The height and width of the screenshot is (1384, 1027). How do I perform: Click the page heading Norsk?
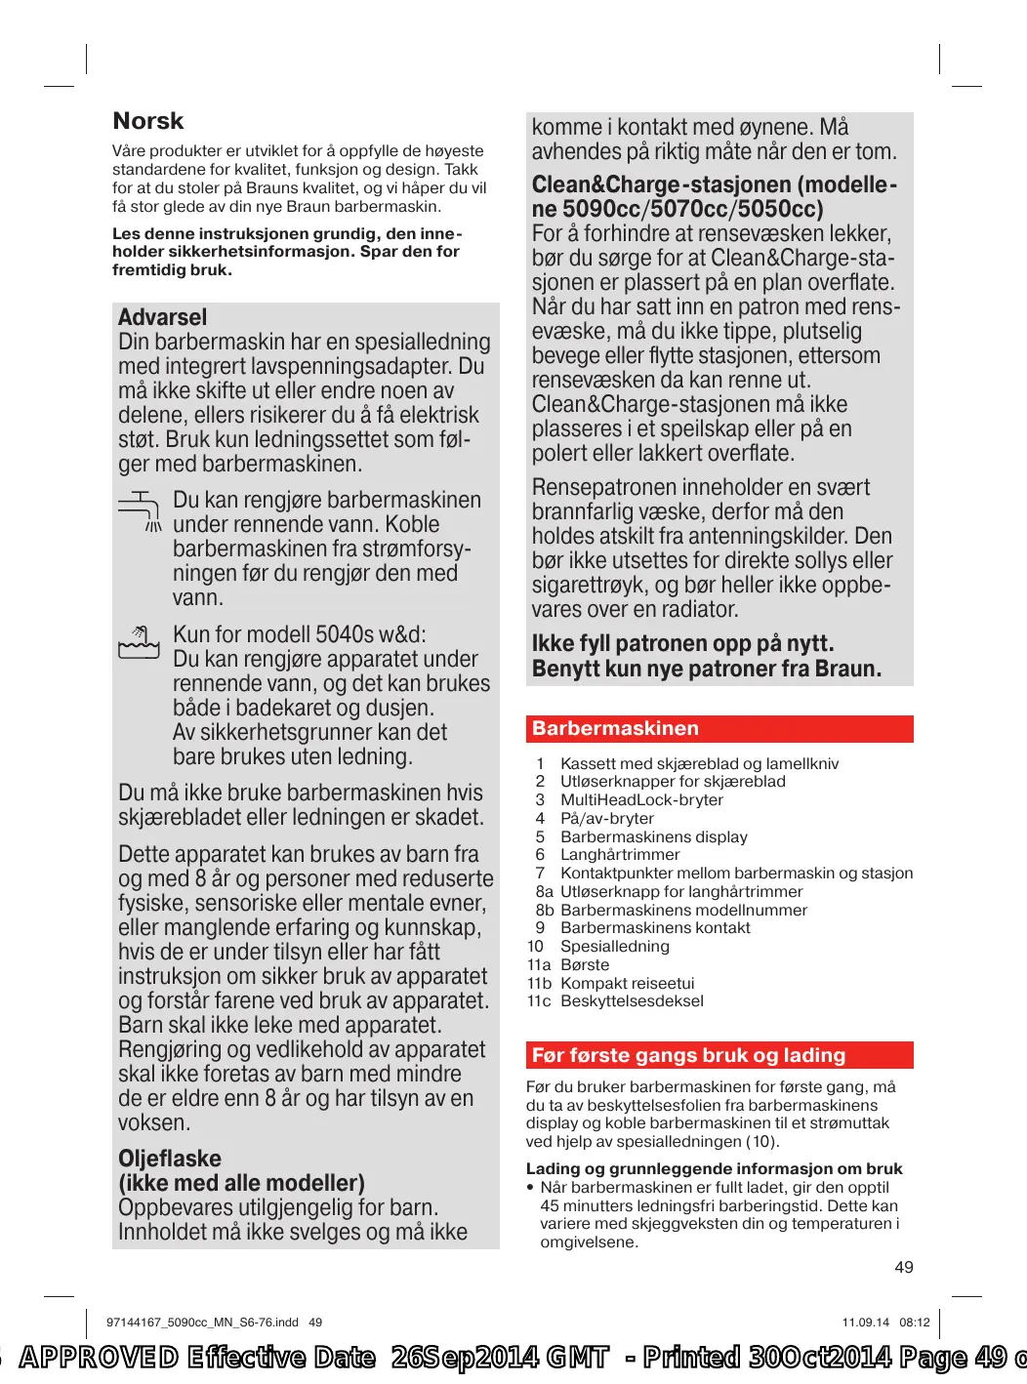point(148,121)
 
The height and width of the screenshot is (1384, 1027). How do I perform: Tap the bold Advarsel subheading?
point(162,317)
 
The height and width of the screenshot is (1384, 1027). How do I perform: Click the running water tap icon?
point(140,510)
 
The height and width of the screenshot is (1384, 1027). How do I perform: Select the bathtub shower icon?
point(139,643)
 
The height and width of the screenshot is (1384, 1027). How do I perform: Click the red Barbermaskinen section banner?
point(719,729)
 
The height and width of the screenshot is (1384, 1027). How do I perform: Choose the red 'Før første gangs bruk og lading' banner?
point(719,1055)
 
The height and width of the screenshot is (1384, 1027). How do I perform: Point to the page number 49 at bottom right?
point(904,1267)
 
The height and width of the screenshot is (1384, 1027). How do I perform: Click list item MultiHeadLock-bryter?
point(641,800)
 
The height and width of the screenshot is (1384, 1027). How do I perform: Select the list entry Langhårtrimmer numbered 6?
point(620,855)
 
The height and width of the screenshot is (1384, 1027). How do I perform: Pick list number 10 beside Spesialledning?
point(535,947)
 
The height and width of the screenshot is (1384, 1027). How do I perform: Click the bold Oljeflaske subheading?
point(170,1159)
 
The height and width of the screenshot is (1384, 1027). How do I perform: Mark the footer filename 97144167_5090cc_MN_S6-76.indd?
point(202,1323)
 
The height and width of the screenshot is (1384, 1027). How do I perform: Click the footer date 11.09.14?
point(865,1323)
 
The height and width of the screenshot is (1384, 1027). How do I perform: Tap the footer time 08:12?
point(915,1323)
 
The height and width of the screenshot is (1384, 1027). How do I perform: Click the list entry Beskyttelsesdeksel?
point(632,1001)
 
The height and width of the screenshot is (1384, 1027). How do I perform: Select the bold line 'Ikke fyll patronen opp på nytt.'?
point(682,644)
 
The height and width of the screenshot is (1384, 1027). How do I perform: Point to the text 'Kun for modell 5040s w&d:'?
point(300,634)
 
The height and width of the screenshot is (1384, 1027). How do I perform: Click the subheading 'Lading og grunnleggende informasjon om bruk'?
point(714,1169)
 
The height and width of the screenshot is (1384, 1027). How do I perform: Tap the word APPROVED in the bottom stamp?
point(99,1358)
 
